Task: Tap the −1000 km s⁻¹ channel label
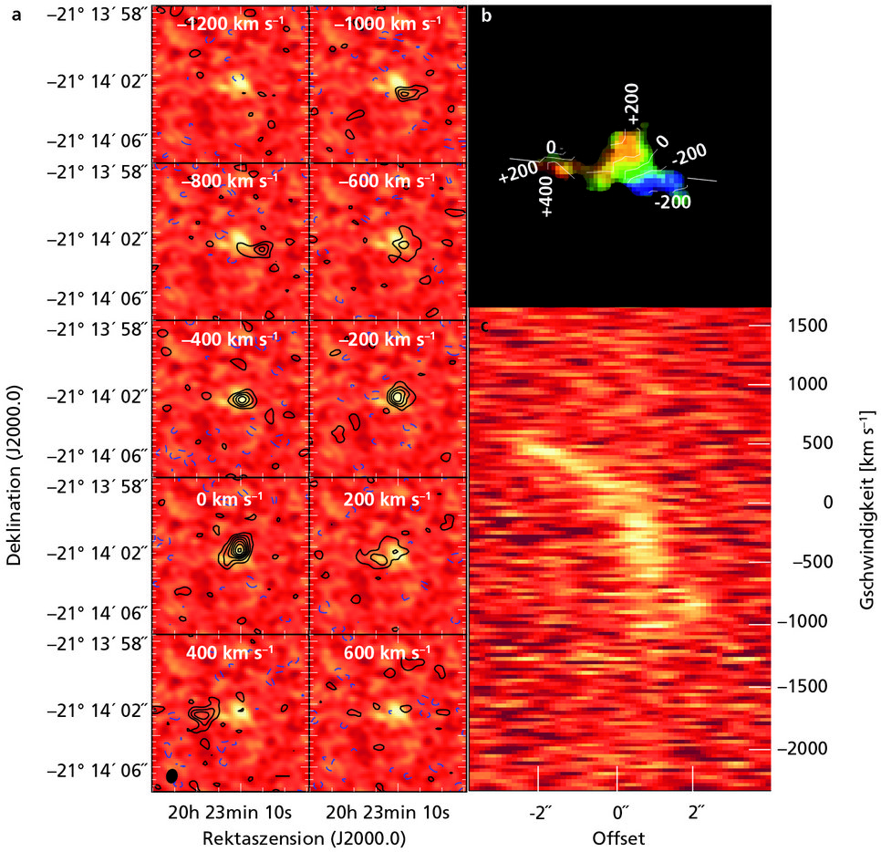[388, 25]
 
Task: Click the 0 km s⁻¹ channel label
[228, 500]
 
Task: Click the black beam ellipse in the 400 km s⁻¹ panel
[171, 775]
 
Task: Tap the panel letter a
[16, 15]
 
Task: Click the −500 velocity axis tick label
[806, 562]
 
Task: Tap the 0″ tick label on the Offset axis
[619, 812]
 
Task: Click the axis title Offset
[618, 836]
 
